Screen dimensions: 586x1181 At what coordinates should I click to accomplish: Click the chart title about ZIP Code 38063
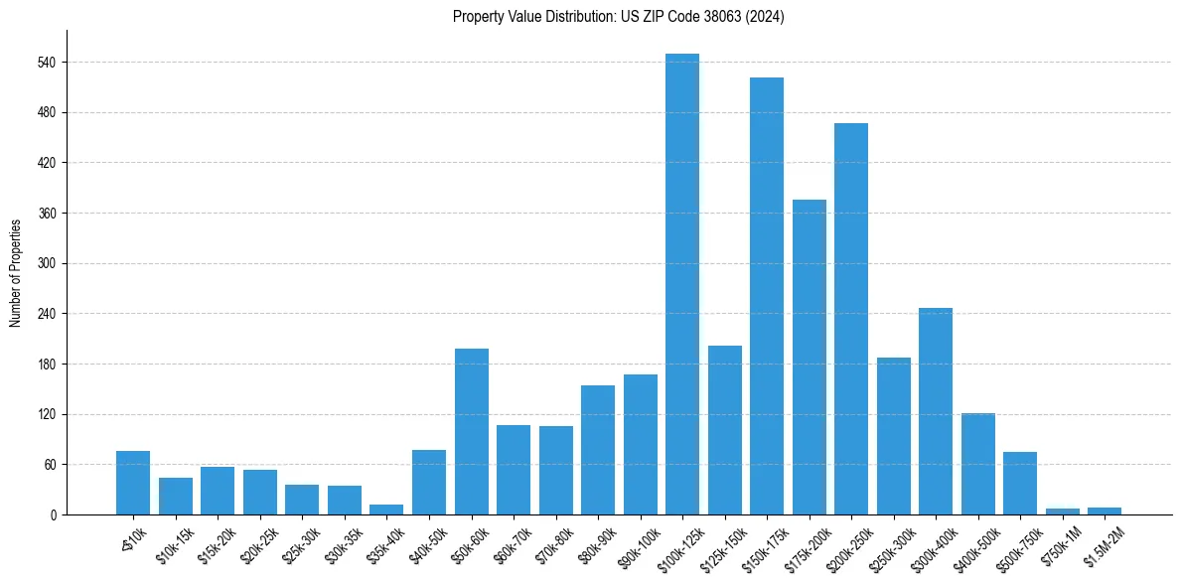click(618, 17)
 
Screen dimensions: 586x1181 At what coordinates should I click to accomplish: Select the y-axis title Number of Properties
click(16, 272)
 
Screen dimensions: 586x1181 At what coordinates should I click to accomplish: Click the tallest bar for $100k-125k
click(682, 284)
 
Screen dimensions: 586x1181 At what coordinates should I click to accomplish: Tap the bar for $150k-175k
click(767, 296)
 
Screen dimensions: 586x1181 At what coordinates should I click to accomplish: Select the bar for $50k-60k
click(472, 432)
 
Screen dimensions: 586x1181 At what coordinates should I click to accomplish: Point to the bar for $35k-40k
click(386, 510)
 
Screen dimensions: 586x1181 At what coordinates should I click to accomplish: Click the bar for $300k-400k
click(936, 411)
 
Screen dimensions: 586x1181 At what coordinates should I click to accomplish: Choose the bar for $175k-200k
click(809, 358)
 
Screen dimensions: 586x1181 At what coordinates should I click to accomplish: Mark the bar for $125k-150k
click(724, 430)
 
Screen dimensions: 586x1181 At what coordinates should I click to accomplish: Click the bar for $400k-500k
click(977, 464)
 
